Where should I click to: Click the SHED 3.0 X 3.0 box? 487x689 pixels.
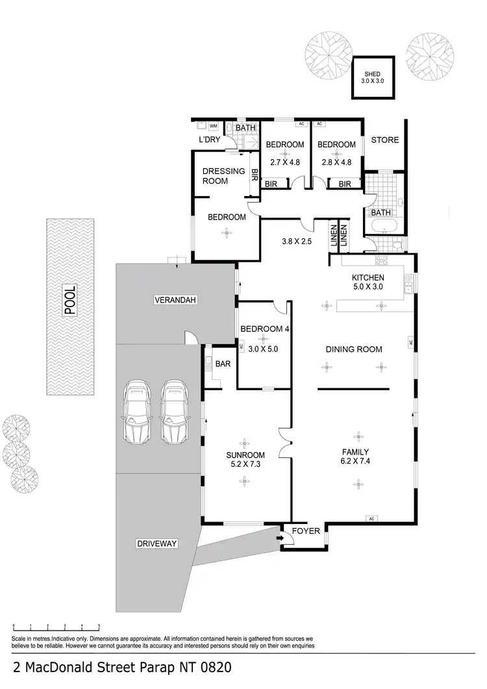373,78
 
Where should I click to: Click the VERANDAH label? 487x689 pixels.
175,300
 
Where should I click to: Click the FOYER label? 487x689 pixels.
306,531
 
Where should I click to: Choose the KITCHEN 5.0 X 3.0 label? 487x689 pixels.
368,282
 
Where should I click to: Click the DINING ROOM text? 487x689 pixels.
353,349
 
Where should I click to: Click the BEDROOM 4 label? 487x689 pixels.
264,329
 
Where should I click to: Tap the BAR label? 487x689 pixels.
222,364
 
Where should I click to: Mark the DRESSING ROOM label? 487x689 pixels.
215,176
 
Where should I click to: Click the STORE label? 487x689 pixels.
385,140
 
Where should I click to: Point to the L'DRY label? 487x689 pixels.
210,140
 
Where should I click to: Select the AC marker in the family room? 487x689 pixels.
372,519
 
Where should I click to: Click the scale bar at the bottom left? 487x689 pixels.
56,627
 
